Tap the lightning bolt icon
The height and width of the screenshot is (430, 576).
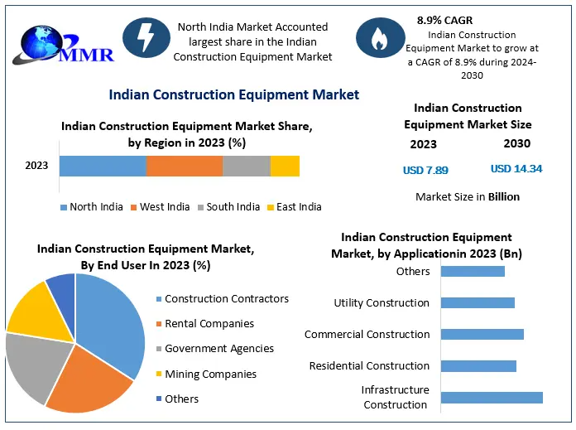tap(146, 38)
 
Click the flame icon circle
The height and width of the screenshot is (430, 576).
tap(380, 38)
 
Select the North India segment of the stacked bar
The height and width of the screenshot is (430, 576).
tap(103, 166)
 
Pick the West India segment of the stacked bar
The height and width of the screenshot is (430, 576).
tap(185, 166)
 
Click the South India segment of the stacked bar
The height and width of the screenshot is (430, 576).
tap(247, 166)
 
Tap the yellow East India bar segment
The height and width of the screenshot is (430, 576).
tap(285, 166)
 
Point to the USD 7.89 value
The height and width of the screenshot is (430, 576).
tap(425, 170)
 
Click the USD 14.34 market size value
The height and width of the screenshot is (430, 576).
tap(516, 169)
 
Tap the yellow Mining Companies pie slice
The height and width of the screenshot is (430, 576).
tap(38, 311)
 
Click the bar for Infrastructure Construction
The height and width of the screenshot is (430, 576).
tap(492, 397)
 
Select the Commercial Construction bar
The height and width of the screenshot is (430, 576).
tap(482, 334)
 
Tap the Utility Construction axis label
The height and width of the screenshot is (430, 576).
tap(382, 303)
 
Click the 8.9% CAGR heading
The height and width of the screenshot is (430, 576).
tap(445, 18)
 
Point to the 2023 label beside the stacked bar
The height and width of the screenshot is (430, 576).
tap(36, 166)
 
